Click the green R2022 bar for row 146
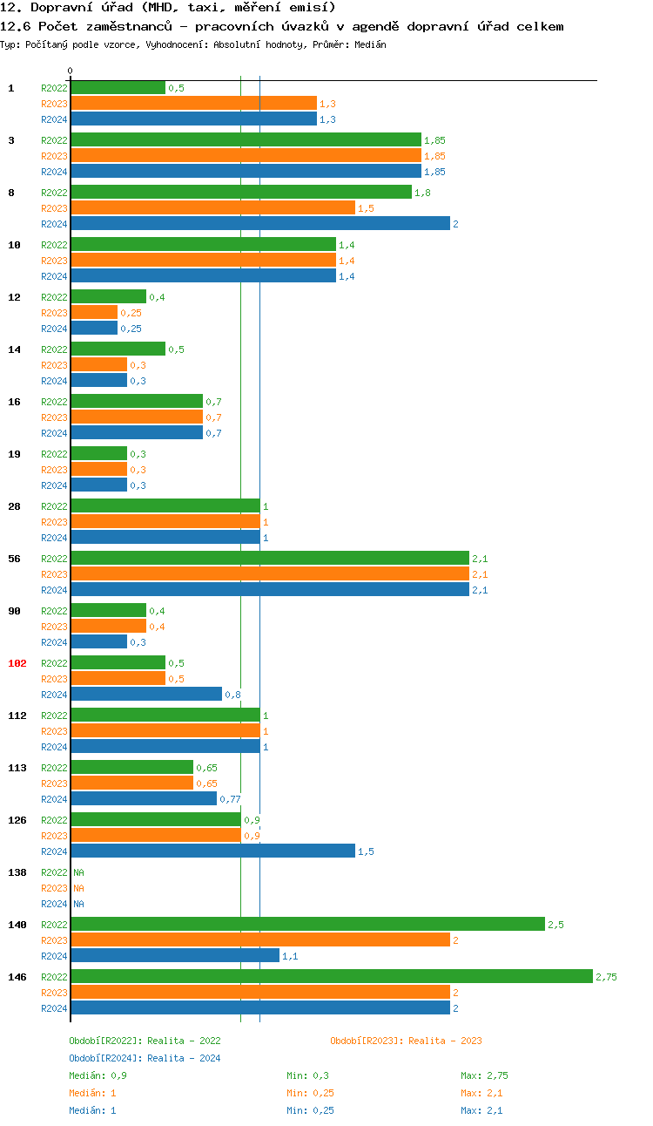(331, 977)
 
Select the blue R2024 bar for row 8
(260, 224)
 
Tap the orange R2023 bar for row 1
(193, 104)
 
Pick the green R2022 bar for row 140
(307, 925)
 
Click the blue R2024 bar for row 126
(212, 851)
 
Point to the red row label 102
(17, 663)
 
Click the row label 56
(15, 559)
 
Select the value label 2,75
(606, 977)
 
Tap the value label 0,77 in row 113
(230, 799)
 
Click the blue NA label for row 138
(78, 904)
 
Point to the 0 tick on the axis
(71, 71)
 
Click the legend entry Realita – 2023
(406, 1041)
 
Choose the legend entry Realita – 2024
(145, 1058)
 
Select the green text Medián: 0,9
(98, 1075)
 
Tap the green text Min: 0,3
(307, 1075)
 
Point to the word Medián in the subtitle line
(370, 44)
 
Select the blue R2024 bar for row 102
(146, 695)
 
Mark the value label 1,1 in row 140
(290, 956)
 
